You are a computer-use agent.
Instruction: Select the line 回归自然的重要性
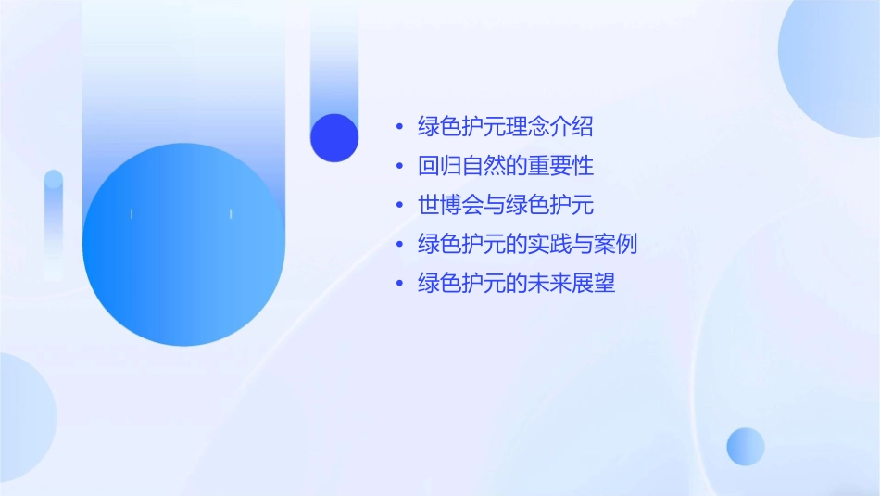click(x=506, y=167)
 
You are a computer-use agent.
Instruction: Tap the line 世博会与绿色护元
click(x=506, y=206)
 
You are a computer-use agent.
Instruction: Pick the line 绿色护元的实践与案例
click(x=527, y=245)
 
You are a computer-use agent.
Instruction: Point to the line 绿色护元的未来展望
click(x=517, y=284)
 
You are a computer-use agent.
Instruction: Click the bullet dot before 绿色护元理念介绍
click(x=399, y=128)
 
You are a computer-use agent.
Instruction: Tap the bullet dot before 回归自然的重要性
click(x=399, y=168)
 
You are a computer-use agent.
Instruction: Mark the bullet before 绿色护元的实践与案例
click(x=399, y=246)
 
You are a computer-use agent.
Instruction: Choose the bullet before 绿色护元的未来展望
click(x=399, y=285)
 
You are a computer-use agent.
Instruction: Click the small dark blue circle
click(x=334, y=137)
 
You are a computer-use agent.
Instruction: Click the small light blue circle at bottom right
click(x=746, y=446)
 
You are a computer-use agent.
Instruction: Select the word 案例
click(x=616, y=245)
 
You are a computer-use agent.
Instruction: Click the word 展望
click(x=594, y=284)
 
